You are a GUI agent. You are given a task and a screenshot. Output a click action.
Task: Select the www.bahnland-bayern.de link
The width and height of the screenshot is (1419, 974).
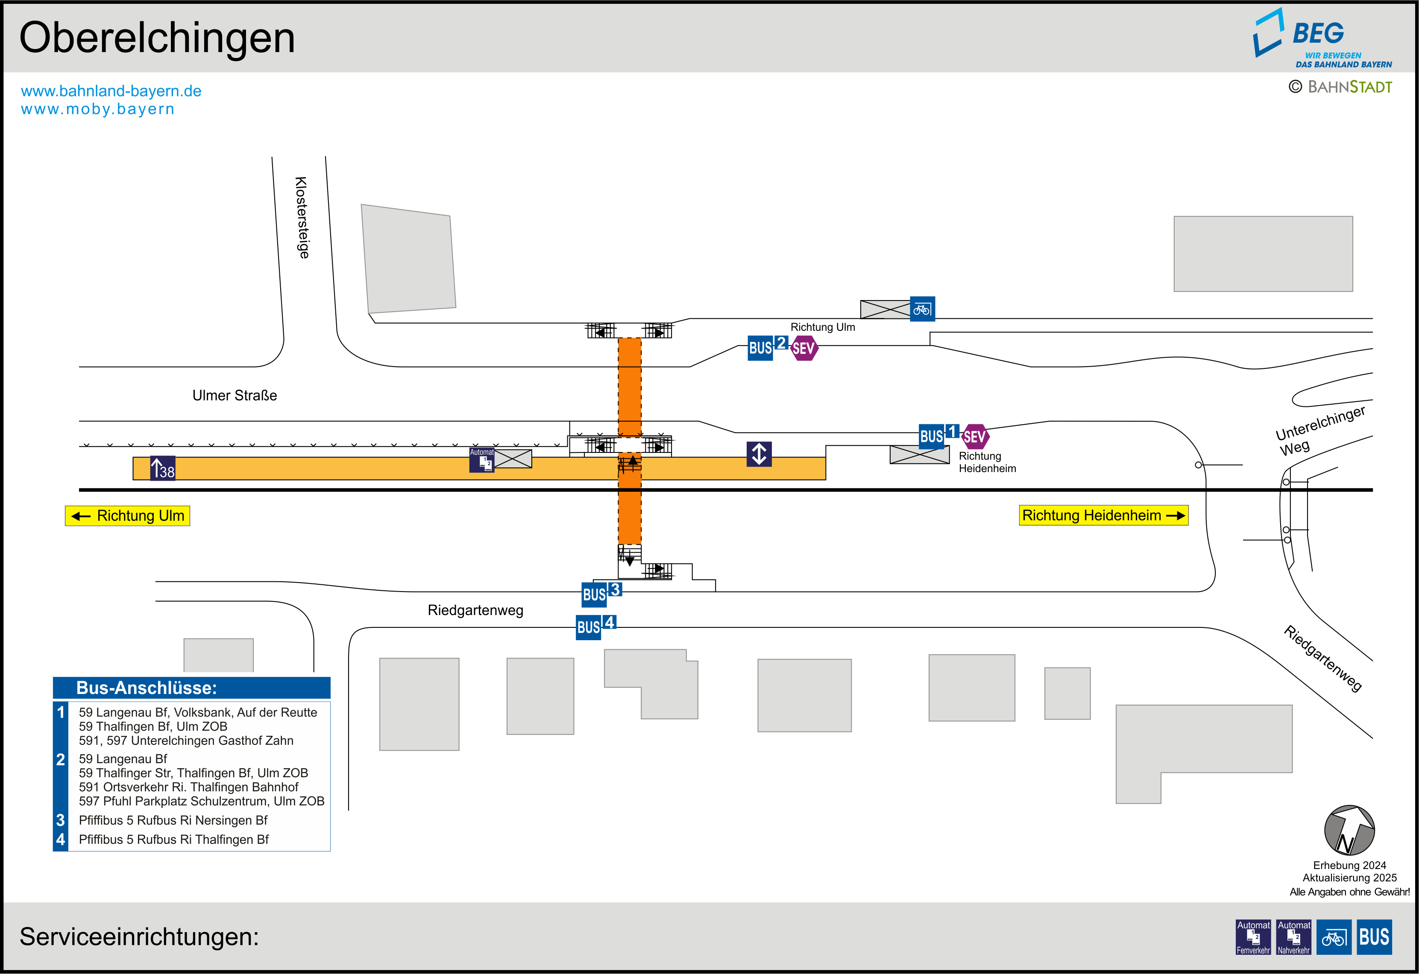tap(111, 91)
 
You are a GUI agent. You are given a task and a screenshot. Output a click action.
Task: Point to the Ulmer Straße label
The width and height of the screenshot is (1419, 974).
tap(235, 396)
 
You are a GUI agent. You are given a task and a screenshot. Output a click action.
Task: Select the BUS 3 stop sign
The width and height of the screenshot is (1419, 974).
tap(601, 593)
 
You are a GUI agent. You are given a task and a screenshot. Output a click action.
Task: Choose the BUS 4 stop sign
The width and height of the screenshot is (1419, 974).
tap(595, 626)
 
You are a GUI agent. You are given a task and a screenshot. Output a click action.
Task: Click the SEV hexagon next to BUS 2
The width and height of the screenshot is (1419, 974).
tap(803, 348)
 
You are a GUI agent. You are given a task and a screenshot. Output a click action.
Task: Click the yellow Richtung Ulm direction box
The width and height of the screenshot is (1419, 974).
tap(128, 516)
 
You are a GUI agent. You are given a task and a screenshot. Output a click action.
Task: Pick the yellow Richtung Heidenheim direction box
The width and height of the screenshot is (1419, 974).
tap(1103, 515)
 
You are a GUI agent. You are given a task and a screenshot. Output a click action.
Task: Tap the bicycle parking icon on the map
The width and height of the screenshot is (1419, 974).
tap(922, 309)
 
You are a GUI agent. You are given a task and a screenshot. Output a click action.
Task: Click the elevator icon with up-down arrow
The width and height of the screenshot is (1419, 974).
tap(759, 454)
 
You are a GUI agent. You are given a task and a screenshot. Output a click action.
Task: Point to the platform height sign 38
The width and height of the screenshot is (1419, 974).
tap(162, 469)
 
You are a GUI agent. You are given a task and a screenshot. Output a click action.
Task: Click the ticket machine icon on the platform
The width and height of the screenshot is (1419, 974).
tap(482, 460)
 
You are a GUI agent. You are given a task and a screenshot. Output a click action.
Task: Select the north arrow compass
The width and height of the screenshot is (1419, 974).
tap(1349, 831)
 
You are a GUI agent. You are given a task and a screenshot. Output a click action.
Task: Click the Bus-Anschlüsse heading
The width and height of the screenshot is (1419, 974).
tap(147, 688)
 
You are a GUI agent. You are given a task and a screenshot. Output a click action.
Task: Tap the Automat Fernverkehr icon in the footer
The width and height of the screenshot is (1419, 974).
tap(1253, 937)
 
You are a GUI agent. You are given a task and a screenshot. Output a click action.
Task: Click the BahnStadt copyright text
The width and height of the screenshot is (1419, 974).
tap(1340, 87)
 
